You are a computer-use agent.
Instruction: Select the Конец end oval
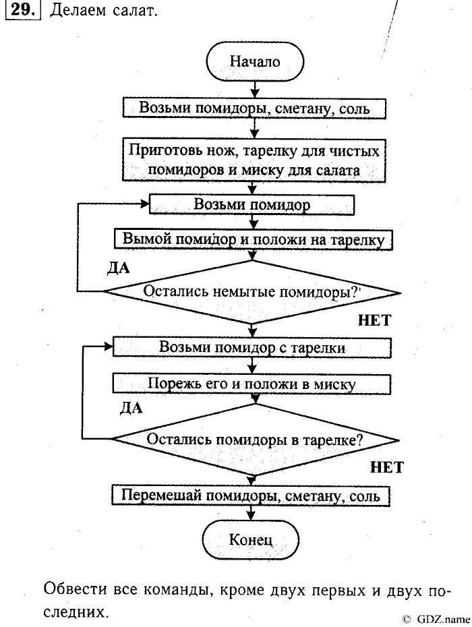point(251,539)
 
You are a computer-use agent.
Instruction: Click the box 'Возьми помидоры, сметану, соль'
point(254,108)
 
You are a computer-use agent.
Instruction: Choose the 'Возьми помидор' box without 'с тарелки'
point(252,204)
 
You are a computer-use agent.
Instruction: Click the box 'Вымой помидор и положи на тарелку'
point(254,239)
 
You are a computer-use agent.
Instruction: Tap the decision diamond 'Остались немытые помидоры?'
point(251,293)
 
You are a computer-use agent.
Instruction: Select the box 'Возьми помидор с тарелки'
point(252,348)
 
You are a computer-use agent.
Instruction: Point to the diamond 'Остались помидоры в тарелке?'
point(255,439)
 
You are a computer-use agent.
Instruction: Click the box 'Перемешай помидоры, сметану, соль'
point(251,496)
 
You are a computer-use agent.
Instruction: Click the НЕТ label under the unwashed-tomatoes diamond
point(374,320)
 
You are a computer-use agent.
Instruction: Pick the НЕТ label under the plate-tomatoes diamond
point(386,467)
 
